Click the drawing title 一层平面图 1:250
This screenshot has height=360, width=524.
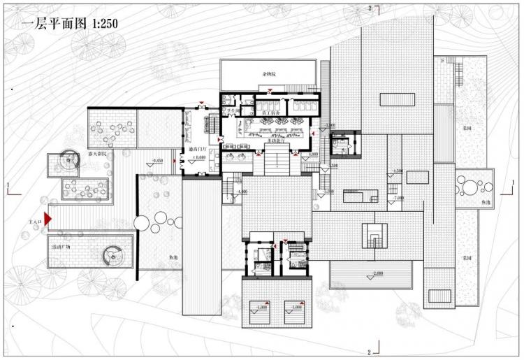(x=71, y=23)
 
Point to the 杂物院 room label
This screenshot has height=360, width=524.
(x=269, y=73)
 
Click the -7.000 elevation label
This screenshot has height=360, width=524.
(x=398, y=199)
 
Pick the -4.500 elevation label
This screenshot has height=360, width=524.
(x=398, y=171)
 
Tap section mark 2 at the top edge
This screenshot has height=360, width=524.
(x=370, y=8)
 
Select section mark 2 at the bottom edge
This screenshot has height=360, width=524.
(x=370, y=350)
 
